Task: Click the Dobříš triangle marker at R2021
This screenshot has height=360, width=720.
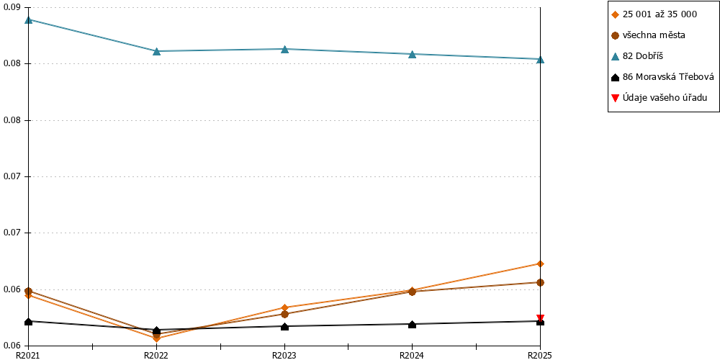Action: pos(29,19)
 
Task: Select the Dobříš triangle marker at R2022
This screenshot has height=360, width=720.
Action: pos(156,51)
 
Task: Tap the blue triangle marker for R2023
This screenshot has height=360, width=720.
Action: pos(284,49)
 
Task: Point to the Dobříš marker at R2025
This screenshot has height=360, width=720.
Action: pos(541,59)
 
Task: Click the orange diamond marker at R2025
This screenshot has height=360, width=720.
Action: pos(541,264)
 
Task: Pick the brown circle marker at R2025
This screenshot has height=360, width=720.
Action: pos(541,282)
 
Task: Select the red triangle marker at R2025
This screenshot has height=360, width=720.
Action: pos(541,318)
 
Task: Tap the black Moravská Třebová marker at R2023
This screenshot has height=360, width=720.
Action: pos(284,326)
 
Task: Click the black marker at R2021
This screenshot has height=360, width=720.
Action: pos(29,321)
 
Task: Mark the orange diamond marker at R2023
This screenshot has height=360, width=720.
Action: pos(284,307)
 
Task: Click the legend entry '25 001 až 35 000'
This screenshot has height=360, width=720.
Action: pos(654,14)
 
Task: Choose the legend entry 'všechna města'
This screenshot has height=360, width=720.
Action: pos(649,35)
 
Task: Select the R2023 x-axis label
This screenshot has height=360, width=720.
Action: pos(283,355)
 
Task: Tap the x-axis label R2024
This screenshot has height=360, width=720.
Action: pos(411,355)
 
